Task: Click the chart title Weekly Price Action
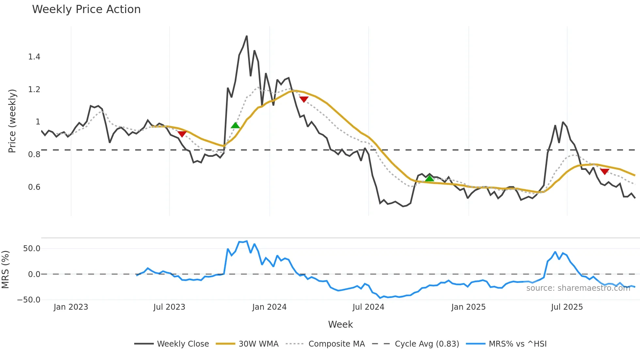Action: pyautogui.click(x=86, y=9)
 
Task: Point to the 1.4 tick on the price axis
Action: pyautogui.click(x=34, y=57)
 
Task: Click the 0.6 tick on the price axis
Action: pyautogui.click(x=34, y=187)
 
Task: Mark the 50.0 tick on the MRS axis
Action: pyautogui.click(x=32, y=249)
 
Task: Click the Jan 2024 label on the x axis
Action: pyautogui.click(x=269, y=307)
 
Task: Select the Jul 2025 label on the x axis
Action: pyautogui.click(x=567, y=307)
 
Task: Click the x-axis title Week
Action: pyautogui.click(x=340, y=324)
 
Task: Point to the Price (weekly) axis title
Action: pyautogui.click(x=12, y=121)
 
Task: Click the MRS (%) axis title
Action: pyautogui.click(x=6, y=270)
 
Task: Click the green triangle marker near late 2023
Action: pyautogui.click(x=235, y=125)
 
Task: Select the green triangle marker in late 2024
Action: pyautogui.click(x=429, y=178)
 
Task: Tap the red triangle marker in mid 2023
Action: pyautogui.click(x=182, y=134)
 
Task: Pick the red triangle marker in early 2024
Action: pyautogui.click(x=304, y=99)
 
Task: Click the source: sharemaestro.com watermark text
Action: pyautogui.click(x=578, y=288)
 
